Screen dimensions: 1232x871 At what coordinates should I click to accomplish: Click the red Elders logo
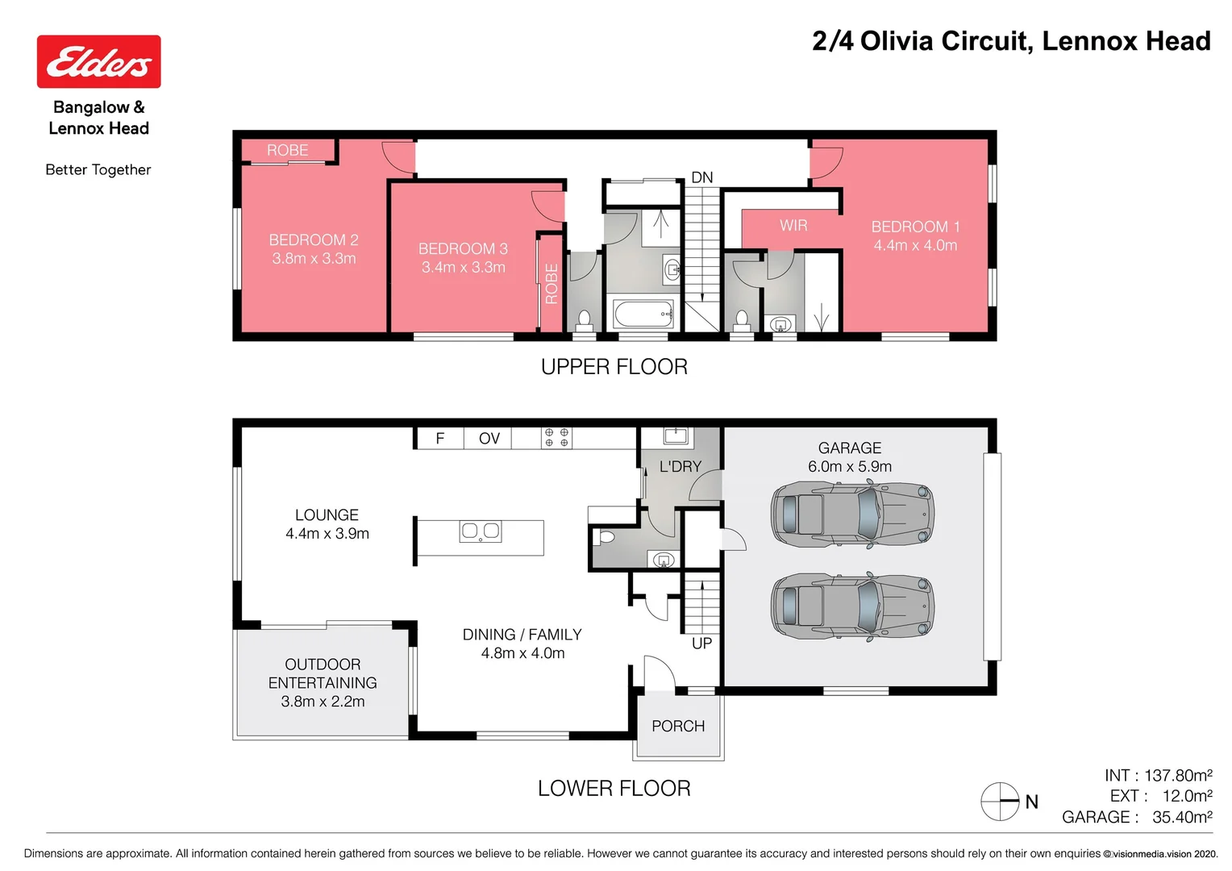99,61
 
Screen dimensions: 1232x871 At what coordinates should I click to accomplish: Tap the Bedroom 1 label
916,227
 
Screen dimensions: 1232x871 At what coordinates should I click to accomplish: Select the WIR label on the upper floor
793,225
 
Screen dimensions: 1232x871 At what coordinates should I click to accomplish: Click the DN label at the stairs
702,177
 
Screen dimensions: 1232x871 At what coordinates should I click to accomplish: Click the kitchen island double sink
481,531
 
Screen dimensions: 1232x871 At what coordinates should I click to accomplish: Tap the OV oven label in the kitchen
489,439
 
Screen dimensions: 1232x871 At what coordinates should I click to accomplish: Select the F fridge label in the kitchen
440,439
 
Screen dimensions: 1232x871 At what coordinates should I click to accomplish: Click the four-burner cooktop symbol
556,438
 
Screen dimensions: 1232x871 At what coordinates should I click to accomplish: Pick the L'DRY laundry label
681,467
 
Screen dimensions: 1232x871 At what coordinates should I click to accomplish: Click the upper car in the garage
852,515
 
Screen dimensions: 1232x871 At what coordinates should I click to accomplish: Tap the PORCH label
678,727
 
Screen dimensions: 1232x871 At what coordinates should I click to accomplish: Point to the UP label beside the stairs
701,644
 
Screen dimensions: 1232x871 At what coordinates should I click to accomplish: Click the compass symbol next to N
1000,801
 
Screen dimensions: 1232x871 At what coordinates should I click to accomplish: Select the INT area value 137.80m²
1179,775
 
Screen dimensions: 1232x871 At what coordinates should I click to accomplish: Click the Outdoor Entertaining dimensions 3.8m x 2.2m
323,702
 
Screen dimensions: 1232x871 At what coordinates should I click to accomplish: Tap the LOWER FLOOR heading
614,789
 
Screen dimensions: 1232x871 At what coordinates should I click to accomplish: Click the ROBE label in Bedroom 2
288,150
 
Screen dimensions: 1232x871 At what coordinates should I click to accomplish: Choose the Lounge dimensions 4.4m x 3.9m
327,534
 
